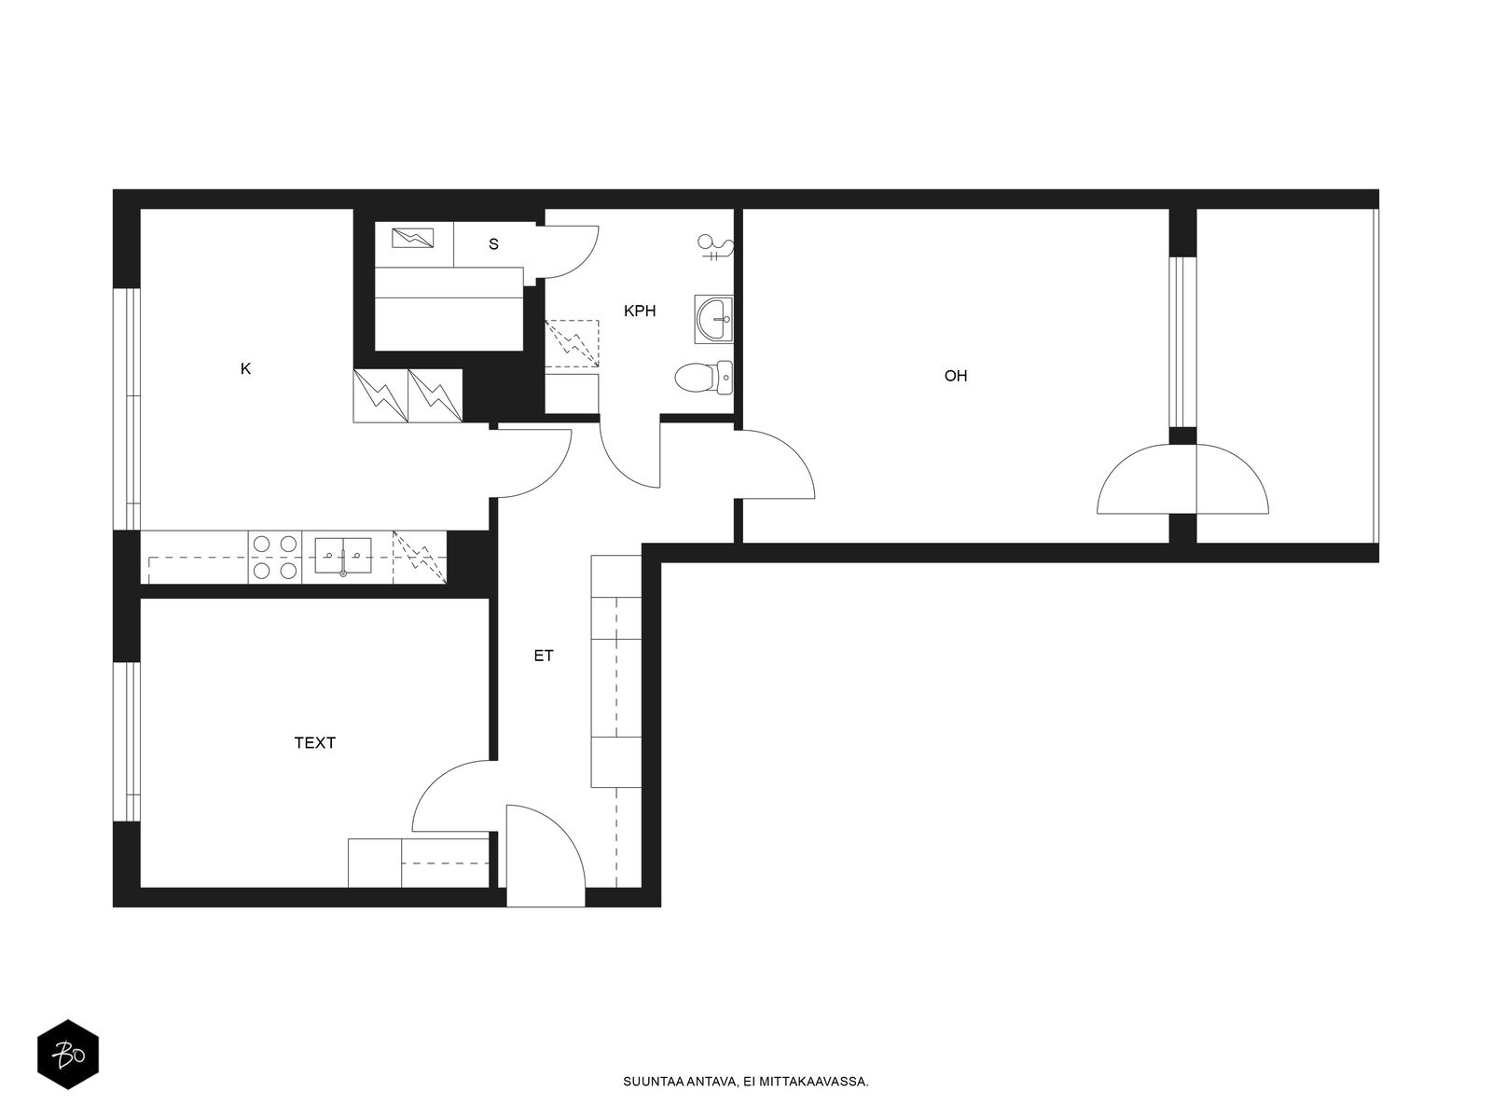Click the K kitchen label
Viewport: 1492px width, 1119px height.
tap(245, 369)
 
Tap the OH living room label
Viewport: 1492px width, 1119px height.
tap(955, 376)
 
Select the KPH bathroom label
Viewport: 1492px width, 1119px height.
tap(640, 311)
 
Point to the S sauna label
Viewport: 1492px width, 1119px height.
tap(493, 244)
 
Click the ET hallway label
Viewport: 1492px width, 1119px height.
tap(543, 656)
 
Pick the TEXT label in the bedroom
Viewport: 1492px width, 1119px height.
tap(314, 742)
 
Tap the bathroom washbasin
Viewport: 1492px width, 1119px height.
tap(713, 319)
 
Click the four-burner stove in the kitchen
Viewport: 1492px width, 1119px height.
tap(275, 557)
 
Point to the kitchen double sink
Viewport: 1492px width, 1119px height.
tap(342, 556)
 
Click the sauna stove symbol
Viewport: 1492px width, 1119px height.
tap(412, 239)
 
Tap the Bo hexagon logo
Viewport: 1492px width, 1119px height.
tap(68, 1055)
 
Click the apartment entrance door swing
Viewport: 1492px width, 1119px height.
tap(546, 855)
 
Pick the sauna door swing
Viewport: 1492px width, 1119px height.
tap(567, 252)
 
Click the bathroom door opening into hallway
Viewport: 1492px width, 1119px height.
tap(630, 454)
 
